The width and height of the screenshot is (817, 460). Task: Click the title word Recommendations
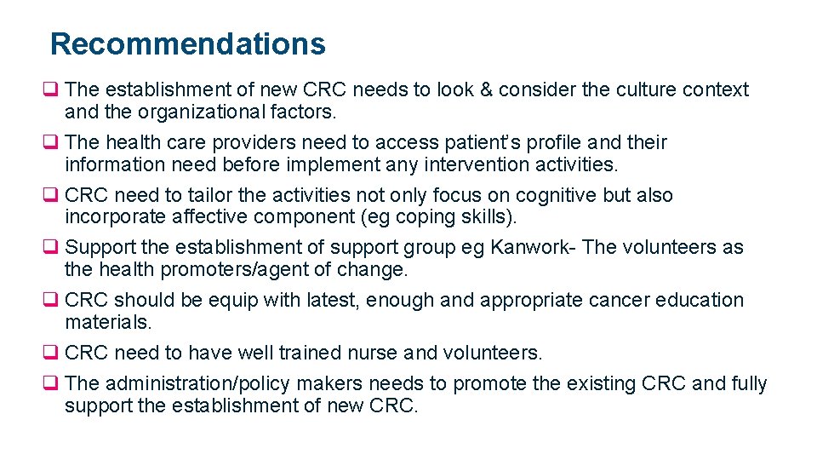coord(187,43)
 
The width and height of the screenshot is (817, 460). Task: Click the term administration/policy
coord(200,384)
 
